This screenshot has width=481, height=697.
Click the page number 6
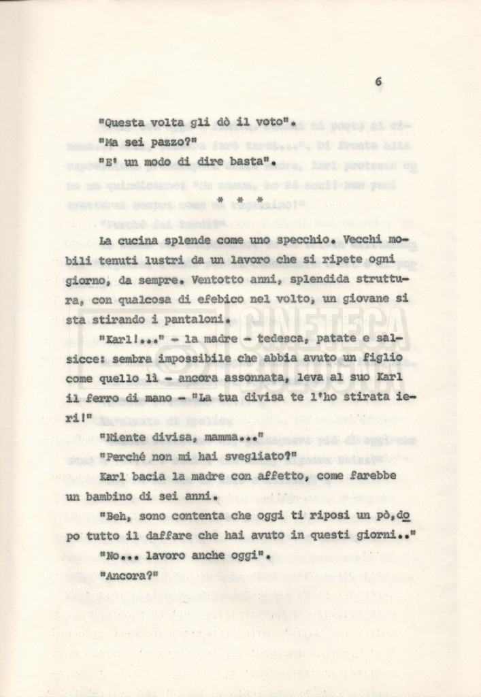pos(378,82)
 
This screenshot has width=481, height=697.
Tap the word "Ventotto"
pos(219,280)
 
